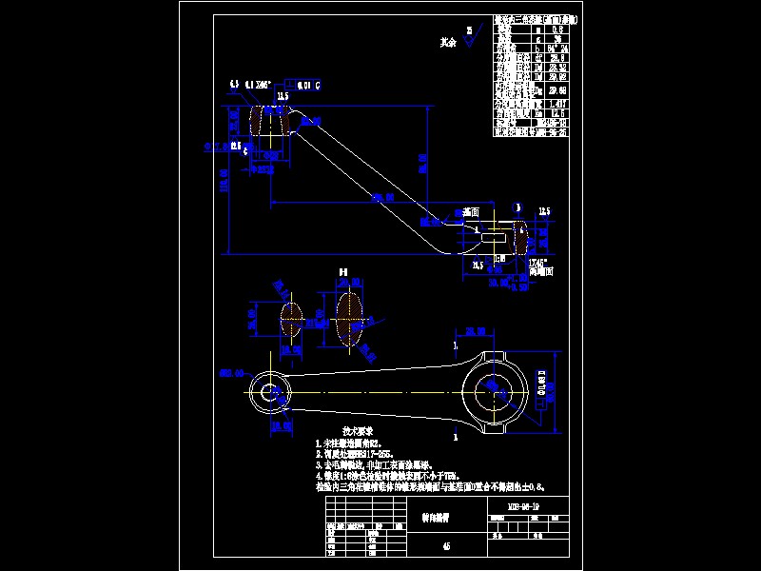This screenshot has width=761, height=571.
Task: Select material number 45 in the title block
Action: pos(446,545)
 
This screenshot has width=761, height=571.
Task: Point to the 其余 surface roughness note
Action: pos(449,43)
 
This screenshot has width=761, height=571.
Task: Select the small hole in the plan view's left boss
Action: pos(273,391)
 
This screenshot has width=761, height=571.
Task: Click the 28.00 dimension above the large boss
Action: pos(477,331)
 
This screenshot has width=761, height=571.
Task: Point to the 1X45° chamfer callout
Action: pos(538,263)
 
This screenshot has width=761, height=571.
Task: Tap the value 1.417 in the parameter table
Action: pos(556,104)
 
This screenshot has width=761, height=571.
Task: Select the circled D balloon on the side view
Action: pos(517,207)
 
